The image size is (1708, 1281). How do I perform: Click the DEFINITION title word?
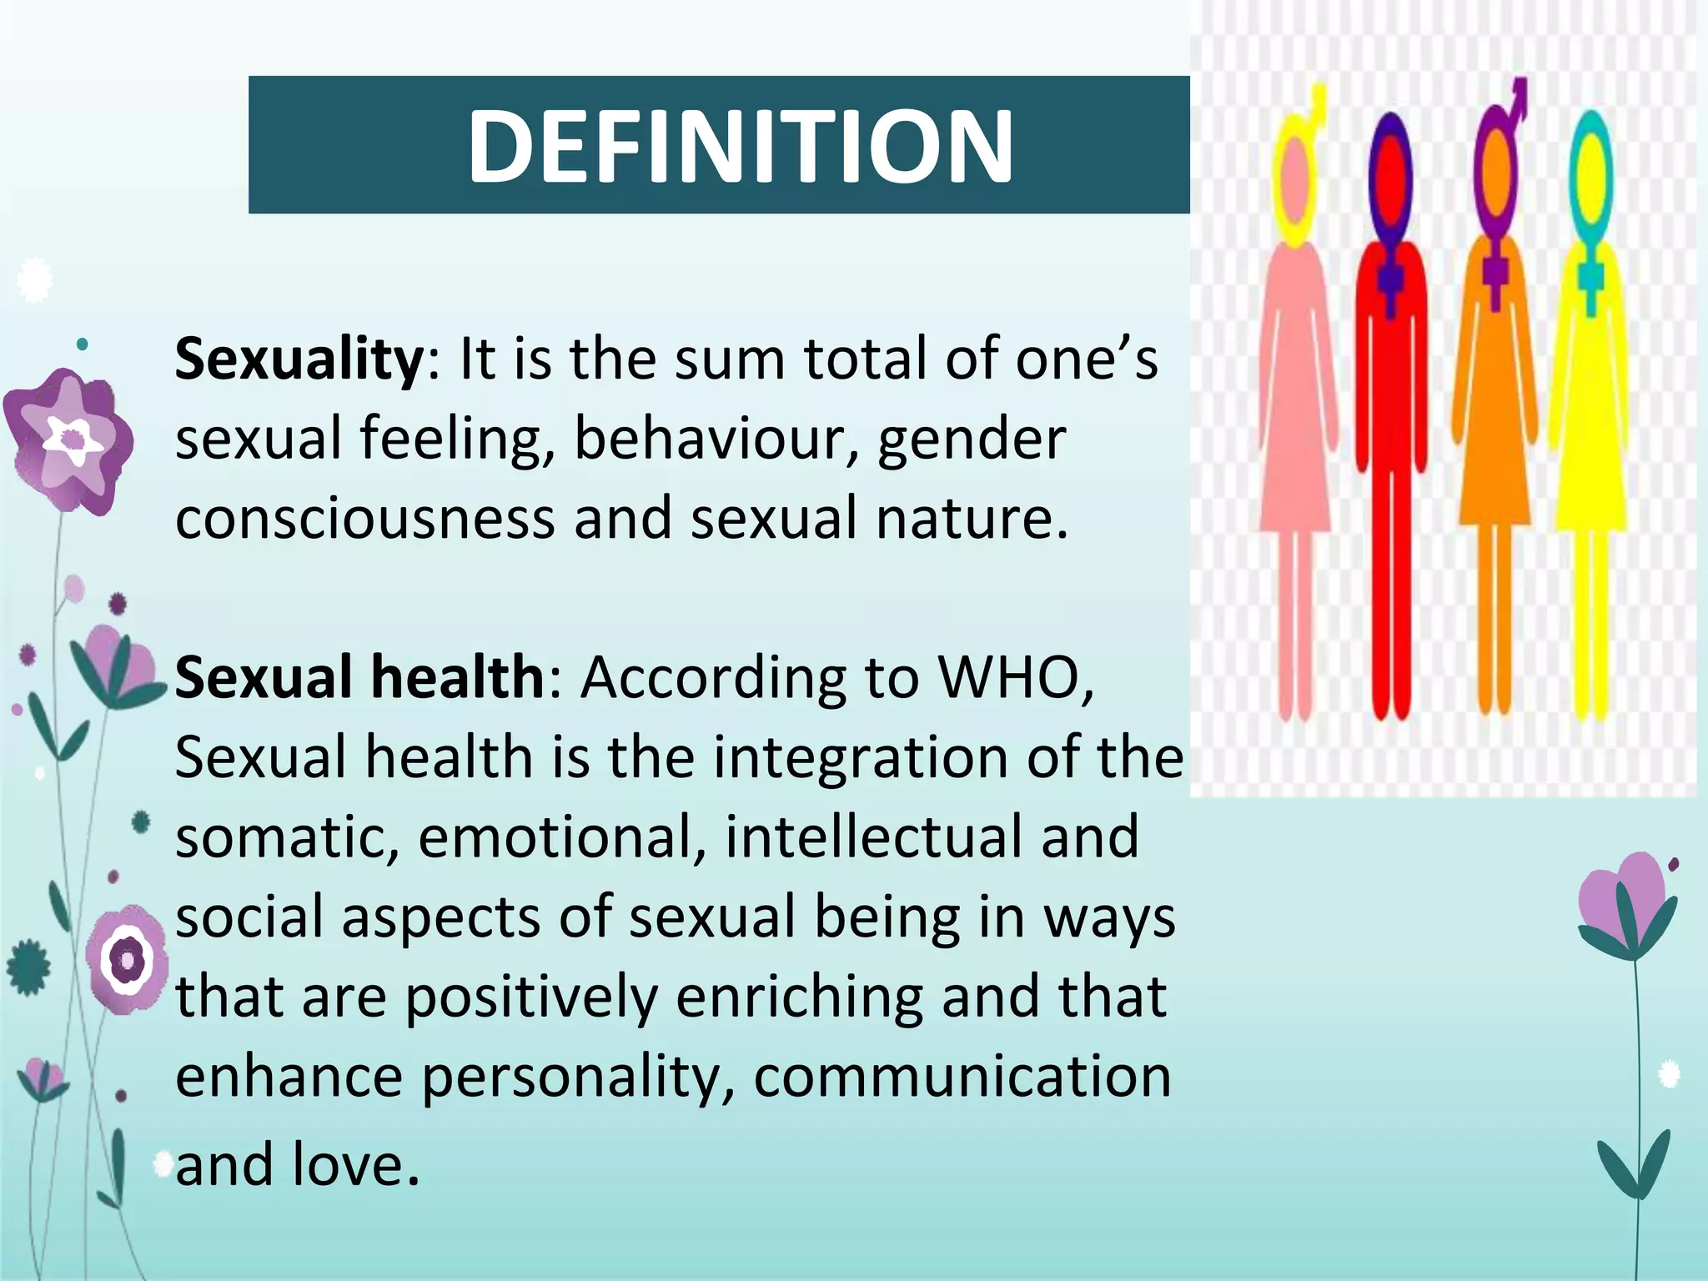click(x=740, y=147)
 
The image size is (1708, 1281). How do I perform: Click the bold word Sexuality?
click(x=299, y=359)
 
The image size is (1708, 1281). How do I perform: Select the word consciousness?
click(x=365, y=517)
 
